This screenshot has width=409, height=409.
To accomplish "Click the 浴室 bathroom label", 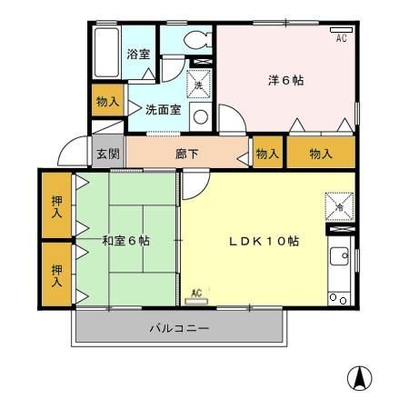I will tap(138, 54).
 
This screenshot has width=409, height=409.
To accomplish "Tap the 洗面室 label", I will tap(163, 108).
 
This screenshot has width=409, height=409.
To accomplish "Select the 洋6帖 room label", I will tap(285, 80).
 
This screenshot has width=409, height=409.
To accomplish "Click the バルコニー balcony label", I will tap(179, 328).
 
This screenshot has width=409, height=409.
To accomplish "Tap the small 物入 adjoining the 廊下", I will tap(266, 154).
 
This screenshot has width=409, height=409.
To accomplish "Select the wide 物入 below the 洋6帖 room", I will tap(321, 154).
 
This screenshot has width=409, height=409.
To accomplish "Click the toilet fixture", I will tap(195, 41).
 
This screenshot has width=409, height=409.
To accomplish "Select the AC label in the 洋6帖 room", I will tap(342, 37).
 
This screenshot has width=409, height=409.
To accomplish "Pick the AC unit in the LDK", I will tap(196, 295).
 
